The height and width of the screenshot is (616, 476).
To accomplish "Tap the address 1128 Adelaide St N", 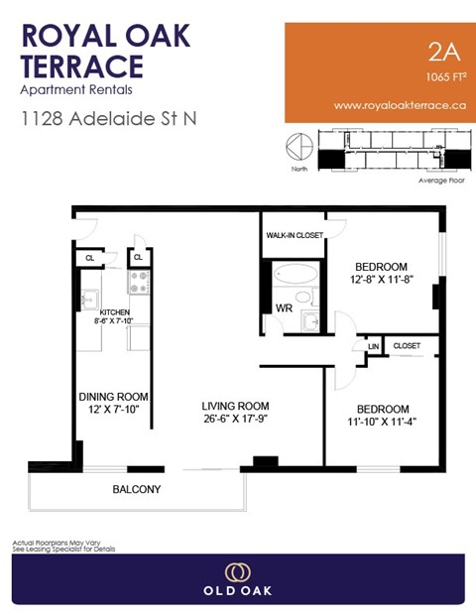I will click(x=109, y=118).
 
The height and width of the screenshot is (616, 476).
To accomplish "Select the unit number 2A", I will click(x=435, y=52).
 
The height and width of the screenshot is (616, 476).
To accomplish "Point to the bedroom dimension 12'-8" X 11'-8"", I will click(x=382, y=281).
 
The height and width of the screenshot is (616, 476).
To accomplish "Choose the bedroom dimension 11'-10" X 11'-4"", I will click(x=383, y=423).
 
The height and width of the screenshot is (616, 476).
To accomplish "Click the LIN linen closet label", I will click(x=374, y=346).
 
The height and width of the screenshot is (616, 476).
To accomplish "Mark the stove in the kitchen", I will click(x=139, y=282).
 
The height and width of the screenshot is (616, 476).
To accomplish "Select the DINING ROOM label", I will click(x=113, y=397).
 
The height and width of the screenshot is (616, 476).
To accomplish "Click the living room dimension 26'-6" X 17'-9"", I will click(x=236, y=420).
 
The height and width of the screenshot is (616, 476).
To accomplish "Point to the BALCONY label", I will click(x=137, y=489).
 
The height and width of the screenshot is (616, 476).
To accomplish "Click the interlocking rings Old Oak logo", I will click(x=237, y=572).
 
